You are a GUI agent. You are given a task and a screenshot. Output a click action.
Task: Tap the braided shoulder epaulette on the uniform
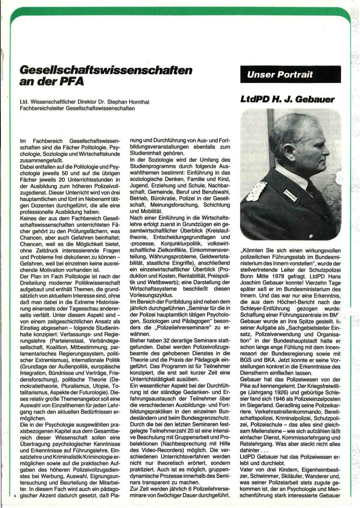tap(256, 191)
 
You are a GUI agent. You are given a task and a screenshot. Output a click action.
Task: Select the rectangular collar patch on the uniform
tap(290, 195)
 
